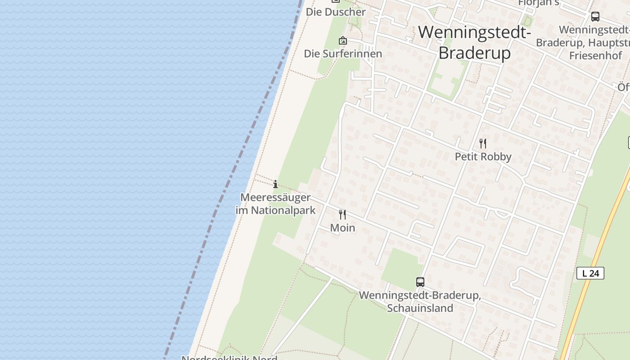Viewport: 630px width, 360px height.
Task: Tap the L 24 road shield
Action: (590, 273)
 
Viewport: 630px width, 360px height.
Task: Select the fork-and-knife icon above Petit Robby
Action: (483, 144)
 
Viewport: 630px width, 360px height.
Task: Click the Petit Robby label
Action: (483, 157)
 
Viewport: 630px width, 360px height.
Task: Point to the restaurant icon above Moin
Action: (342, 215)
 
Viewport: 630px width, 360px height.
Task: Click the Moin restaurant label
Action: (342, 228)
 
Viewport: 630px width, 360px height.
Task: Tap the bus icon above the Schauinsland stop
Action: (420, 282)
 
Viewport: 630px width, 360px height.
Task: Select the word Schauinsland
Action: (420, 308)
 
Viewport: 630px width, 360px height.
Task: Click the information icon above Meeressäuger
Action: (275, 184)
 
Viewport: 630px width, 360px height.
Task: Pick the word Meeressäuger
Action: (275, 197)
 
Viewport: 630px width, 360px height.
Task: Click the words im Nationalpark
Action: (275, 210)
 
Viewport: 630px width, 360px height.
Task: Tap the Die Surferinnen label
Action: (343, 54)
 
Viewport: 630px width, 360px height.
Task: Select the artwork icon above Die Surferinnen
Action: (343, 40)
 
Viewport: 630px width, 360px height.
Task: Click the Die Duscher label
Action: (336, 12)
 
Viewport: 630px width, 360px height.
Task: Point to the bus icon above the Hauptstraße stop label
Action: (595, 17)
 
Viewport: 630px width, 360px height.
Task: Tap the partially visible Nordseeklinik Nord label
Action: (229, 357)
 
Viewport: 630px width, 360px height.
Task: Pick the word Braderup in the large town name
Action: (475, 53)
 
